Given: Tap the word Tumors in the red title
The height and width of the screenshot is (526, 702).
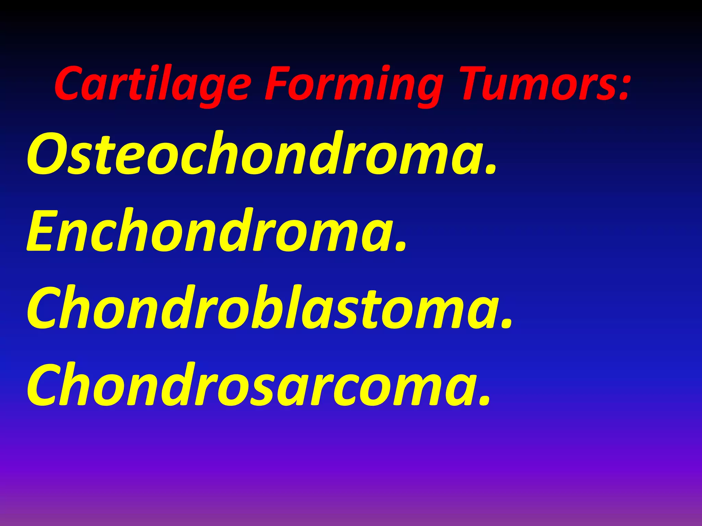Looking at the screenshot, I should tap(538, 84).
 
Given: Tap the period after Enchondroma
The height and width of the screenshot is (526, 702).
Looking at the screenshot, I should tap(401, 247).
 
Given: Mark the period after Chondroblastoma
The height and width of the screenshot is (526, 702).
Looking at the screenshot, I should tap(507, 324).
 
